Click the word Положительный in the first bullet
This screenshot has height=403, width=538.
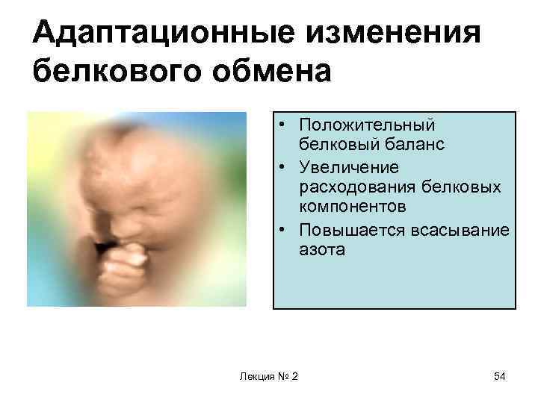pos(365,125)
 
